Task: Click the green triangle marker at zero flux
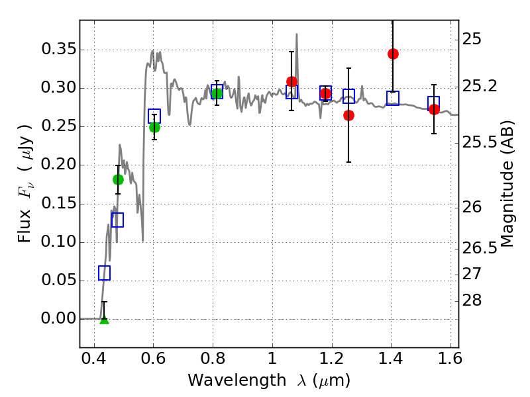(104, 320)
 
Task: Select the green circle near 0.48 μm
(118, 179)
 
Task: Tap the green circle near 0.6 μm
(154, 127)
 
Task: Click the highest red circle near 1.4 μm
(393, 54)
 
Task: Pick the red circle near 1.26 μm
(348, 115)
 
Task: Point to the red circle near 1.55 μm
(434, 109)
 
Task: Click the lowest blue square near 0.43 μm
(104, 273)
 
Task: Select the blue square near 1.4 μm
(393, 98)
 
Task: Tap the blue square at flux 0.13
(117, 220)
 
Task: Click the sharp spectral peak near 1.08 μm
(297, 34)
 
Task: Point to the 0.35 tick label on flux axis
(58, 50)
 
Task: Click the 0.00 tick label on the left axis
(58, 319)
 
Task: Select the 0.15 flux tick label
(58, 204)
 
